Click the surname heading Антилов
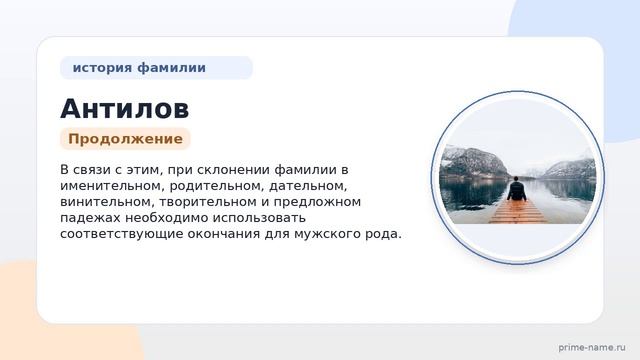[x=124, y=108]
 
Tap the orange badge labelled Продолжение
[x=125, y=139]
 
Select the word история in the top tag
[x=101, y=68]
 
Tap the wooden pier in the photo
[x=517, y=211]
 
